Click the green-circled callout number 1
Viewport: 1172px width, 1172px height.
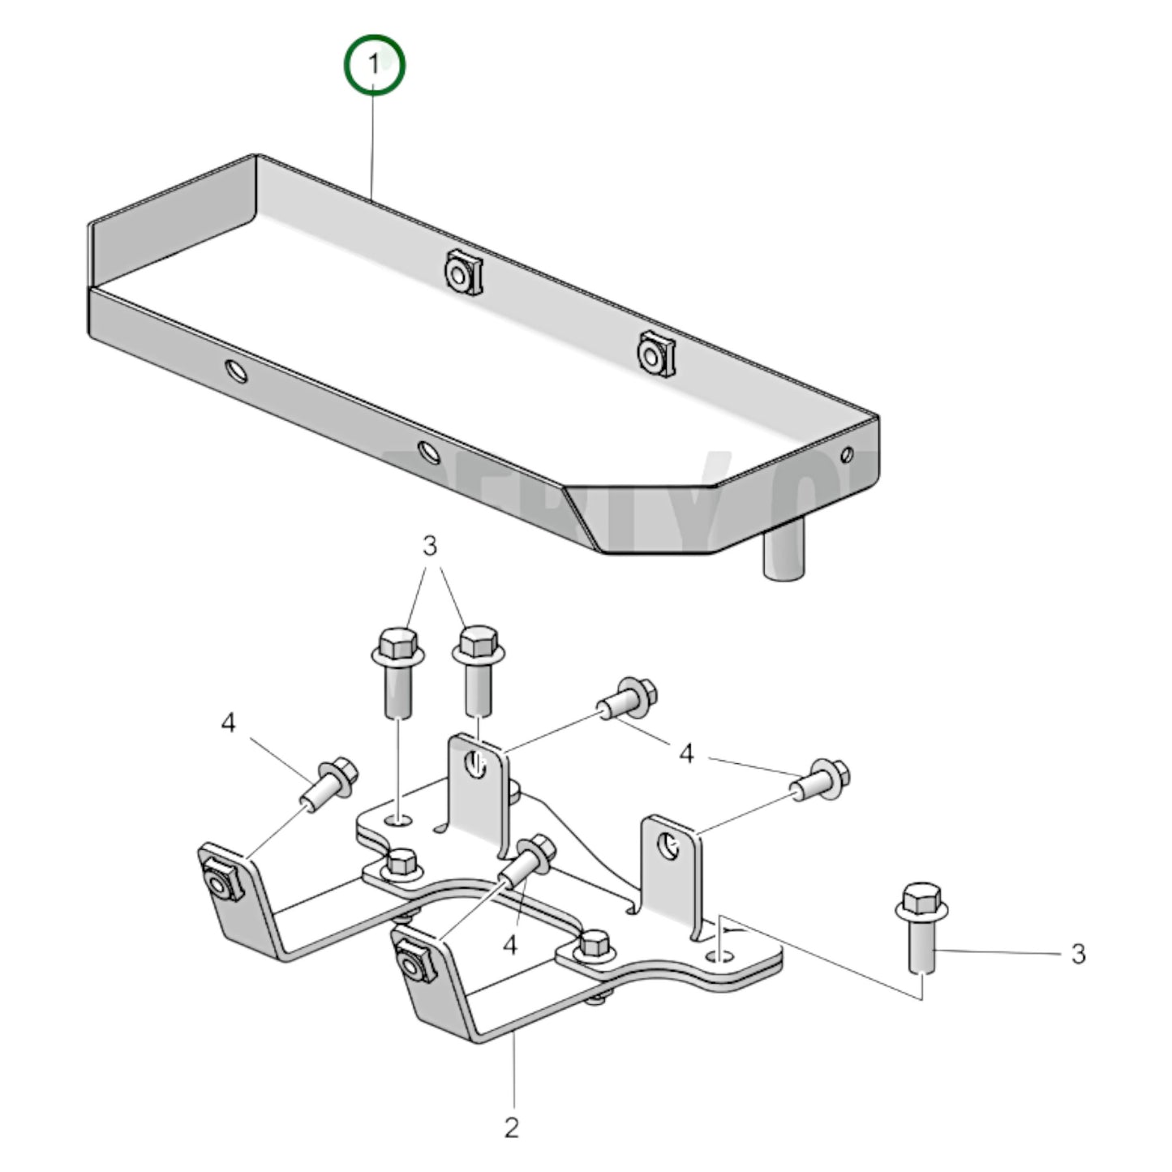[x=374, y=65]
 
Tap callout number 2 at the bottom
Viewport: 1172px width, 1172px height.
[x=511, y=1127]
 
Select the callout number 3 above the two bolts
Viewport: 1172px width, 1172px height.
[x=430, y=546]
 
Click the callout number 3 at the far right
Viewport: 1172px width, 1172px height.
[x=1077, y=954]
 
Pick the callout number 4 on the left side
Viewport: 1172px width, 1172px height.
[x=229, y=723]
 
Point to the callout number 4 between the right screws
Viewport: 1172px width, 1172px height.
[x=686, y=754]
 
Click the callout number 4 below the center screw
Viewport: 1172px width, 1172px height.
[x=510, y=945]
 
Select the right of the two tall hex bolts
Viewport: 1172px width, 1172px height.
[x=479, y=668]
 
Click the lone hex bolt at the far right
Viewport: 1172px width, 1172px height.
[x=921, y=926]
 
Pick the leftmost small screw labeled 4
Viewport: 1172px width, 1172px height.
[x=328, y=782]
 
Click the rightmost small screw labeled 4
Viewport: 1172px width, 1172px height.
[x=822, y=779]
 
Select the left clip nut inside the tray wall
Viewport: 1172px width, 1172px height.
[x=462, y=273]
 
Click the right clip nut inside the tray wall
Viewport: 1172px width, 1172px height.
[x=655, y=354]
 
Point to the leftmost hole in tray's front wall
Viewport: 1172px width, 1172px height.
[x=237, y=371]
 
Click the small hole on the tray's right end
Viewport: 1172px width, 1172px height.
[x=848, y=454]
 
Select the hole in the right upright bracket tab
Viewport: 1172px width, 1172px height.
[x=669, y=846]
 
